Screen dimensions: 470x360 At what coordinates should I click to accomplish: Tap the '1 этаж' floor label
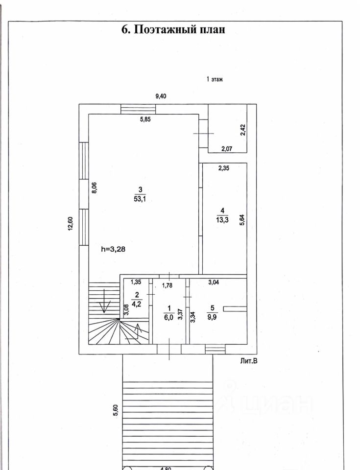(x=215, y=79)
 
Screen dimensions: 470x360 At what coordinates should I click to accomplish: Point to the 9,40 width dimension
(x=161, y=96)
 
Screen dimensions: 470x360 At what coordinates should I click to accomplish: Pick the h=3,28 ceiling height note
(x=117, y=248)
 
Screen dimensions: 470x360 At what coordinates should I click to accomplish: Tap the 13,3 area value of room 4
(x=222, y=220)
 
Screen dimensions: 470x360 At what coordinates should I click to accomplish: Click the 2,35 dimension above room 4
(x=223, y=168)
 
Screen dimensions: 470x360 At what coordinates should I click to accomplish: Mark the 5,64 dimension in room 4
(x=241, y=219)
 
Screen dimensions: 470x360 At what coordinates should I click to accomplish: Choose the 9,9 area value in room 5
(x=212, y=316)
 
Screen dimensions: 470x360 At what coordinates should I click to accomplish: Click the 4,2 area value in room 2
(x=137, y=303)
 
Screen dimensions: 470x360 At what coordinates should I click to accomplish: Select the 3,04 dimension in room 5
(x=215, y=282)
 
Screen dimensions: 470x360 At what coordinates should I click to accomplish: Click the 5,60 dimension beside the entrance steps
(x=116, y=410)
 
